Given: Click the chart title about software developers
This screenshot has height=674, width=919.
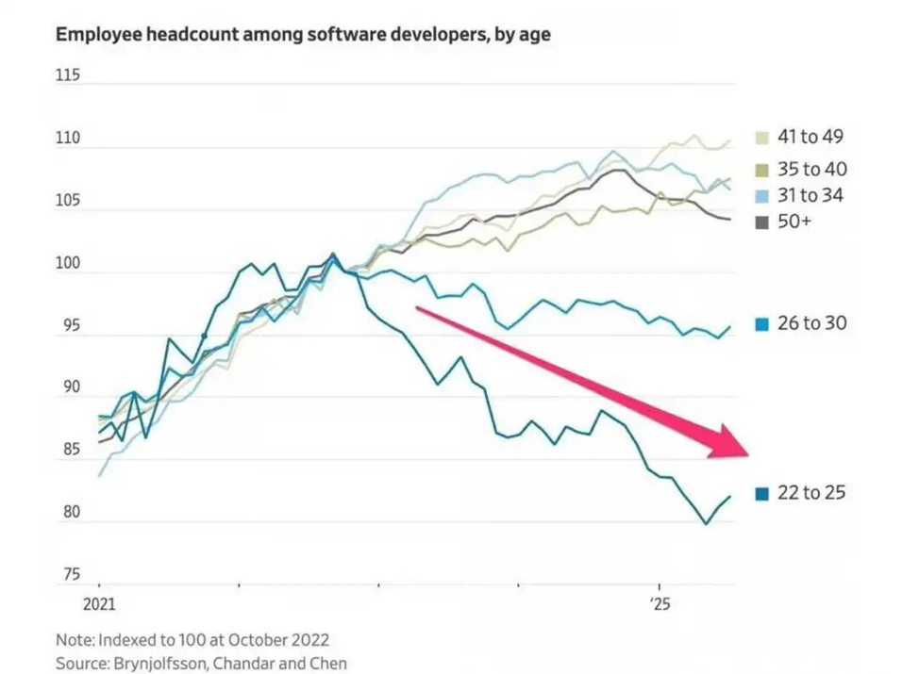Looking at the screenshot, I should click(303, 35).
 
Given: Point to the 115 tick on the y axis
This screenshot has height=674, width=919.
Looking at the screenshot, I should click(69, 75).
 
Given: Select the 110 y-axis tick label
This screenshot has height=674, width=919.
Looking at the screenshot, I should click(69, 139).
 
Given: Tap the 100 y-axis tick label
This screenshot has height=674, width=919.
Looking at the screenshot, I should click(69, 263).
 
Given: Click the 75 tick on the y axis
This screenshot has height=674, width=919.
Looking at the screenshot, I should click(69, 574).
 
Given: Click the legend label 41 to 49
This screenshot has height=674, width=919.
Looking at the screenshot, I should click(810, 137).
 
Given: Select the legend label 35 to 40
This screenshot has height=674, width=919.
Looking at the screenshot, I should click(811, 170).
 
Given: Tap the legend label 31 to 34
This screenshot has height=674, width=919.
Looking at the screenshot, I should click(810, 195).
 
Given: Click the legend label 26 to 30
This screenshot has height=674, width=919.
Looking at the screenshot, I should click(811, 323).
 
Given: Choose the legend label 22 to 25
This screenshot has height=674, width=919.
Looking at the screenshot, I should click(811, 492).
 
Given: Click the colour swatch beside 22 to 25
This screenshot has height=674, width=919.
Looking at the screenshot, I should click(761, 493).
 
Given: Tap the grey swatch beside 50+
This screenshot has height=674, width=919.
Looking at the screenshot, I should click(761, 222).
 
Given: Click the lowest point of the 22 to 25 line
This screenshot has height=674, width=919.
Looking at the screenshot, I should click(706, 524).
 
